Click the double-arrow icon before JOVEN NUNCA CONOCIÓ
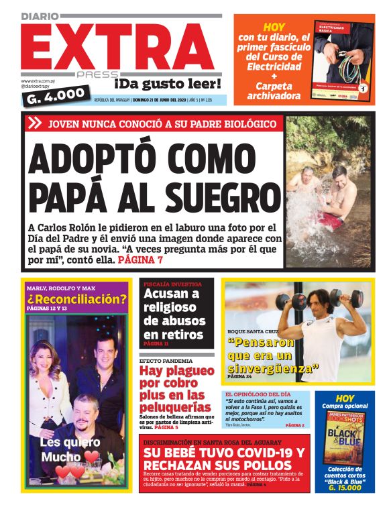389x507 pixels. (36, 123)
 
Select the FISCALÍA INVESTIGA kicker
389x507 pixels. (171, 284)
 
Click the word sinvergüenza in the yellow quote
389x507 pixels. (271, 368)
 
